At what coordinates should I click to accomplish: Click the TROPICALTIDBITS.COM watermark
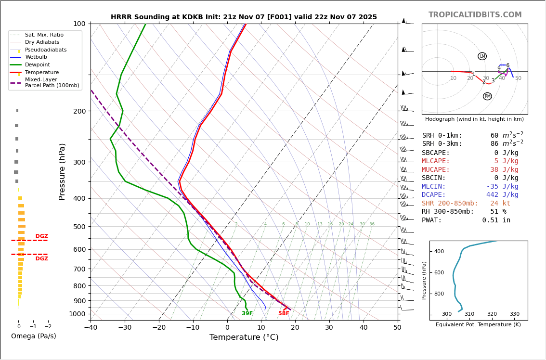pyautogui.click(x=475, y=15)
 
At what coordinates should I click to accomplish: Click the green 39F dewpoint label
pyautogui.click(x=247, y=314)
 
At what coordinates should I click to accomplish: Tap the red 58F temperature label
pyautogui.click(x=284, y=314)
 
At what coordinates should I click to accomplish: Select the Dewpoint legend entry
pyautogui.click(x=38, y=65)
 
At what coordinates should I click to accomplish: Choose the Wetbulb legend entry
pyautogui.click(x=36, y=57)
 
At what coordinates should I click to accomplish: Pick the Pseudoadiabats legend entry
pyautogui.click(x=46, y=50)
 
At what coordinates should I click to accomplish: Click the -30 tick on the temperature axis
pyautogui.click(x=125, y=328)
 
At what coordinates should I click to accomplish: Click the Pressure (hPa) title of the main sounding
pyautogui.click(x=62, y=171)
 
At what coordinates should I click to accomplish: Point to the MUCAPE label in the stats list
pyautogui.click(x=436, y=170)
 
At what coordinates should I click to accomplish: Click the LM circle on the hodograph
pyautogui.click(x=482, y=56)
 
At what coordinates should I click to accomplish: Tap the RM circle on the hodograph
pyautogui.click(x=487, y=96)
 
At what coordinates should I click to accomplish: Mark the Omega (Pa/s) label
pyautogui.click(x=33, y=336)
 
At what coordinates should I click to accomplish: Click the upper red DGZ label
pyautogui.click(x=41, y=236)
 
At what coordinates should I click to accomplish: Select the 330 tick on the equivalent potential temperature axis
pyautogui.click(x=514, y=314)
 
